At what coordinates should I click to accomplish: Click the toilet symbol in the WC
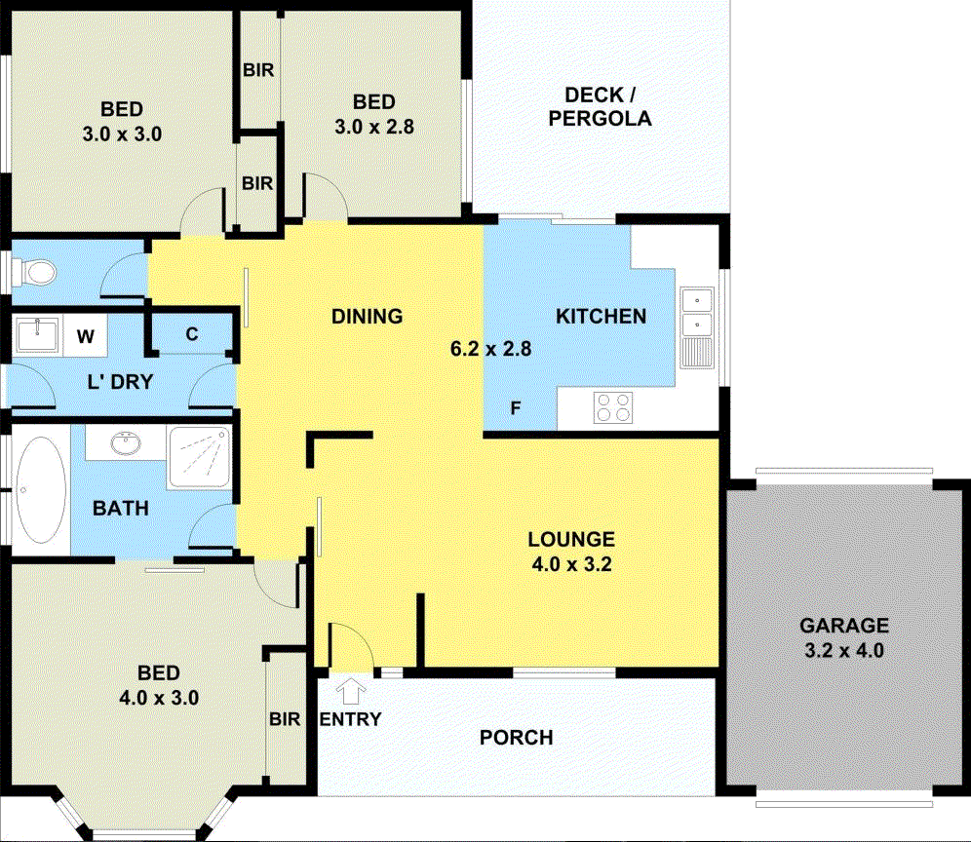37,271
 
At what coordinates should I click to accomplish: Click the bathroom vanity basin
125,445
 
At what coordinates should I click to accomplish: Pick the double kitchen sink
697,311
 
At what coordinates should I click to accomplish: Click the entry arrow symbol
350,692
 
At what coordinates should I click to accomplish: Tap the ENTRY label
350,719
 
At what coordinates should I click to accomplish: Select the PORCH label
516,738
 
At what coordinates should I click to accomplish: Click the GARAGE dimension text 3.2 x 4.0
844,650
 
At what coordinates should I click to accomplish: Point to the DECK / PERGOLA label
600,107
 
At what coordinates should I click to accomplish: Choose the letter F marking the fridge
516,408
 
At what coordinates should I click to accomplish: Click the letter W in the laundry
86,337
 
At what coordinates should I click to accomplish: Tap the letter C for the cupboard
192,334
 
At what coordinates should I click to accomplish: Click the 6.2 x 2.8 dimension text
489,348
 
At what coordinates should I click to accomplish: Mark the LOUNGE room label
570,539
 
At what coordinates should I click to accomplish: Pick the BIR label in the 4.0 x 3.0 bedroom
285,719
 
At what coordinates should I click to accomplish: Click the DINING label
367,316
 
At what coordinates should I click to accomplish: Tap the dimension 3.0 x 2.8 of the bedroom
374,126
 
